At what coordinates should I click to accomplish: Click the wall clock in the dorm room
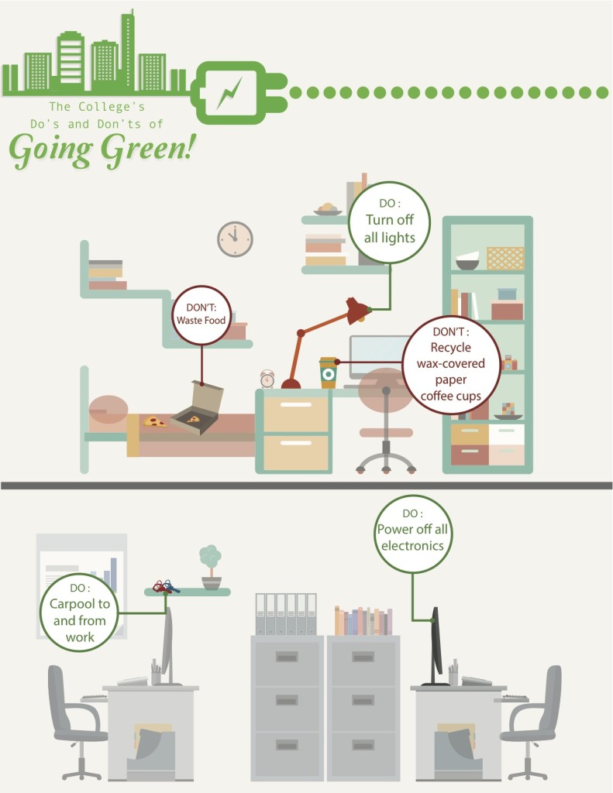click(x=235, y=239)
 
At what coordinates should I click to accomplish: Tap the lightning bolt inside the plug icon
click(x=229, y=92)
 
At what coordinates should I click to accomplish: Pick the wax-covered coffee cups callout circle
click(x=450, y=364)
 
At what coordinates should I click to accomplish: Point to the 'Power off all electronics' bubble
click(x=412, y=534)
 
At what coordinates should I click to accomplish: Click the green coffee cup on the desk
click(x=329, y=372)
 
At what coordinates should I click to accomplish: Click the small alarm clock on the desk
click(x=267, y=379)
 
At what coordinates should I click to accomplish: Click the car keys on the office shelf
click(x=164, y=586)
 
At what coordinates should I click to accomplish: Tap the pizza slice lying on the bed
click(x=155, y=422)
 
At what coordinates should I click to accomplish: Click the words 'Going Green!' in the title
click(x=101, y=147)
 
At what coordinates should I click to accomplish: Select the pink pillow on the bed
click(x=108, y=411)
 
